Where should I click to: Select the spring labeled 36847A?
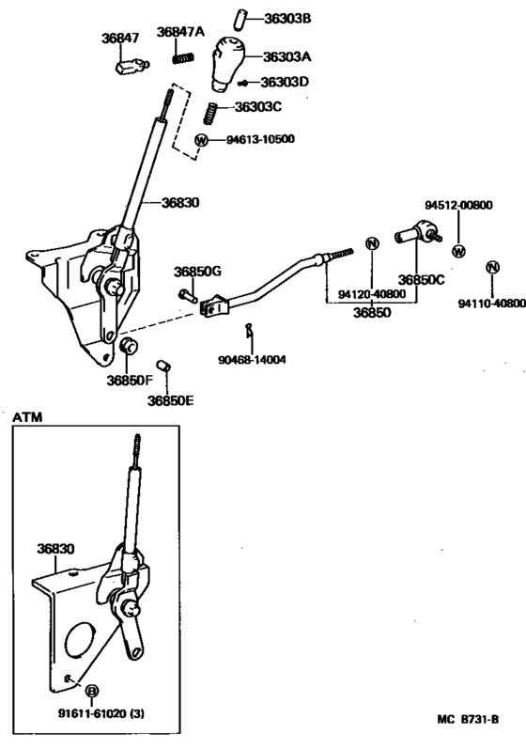(x=182, y=57)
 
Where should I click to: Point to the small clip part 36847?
(x=128, y=66)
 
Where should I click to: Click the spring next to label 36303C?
(x=211, y=113)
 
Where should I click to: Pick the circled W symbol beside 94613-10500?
(x=201, y=140)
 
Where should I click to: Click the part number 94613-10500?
(x=260, y=140)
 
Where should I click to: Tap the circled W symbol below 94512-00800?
(x=458, y=251)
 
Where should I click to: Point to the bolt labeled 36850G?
(x=184, y=295)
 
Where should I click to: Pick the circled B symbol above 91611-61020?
(x=92, y=691)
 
